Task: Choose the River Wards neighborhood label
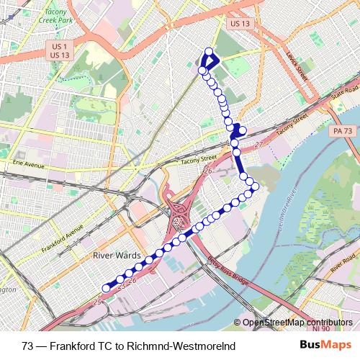114,255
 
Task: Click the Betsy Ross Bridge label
229,270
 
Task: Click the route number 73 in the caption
27,345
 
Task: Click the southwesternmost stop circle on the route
106,288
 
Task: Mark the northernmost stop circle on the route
210,52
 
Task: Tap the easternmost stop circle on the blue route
256,186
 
